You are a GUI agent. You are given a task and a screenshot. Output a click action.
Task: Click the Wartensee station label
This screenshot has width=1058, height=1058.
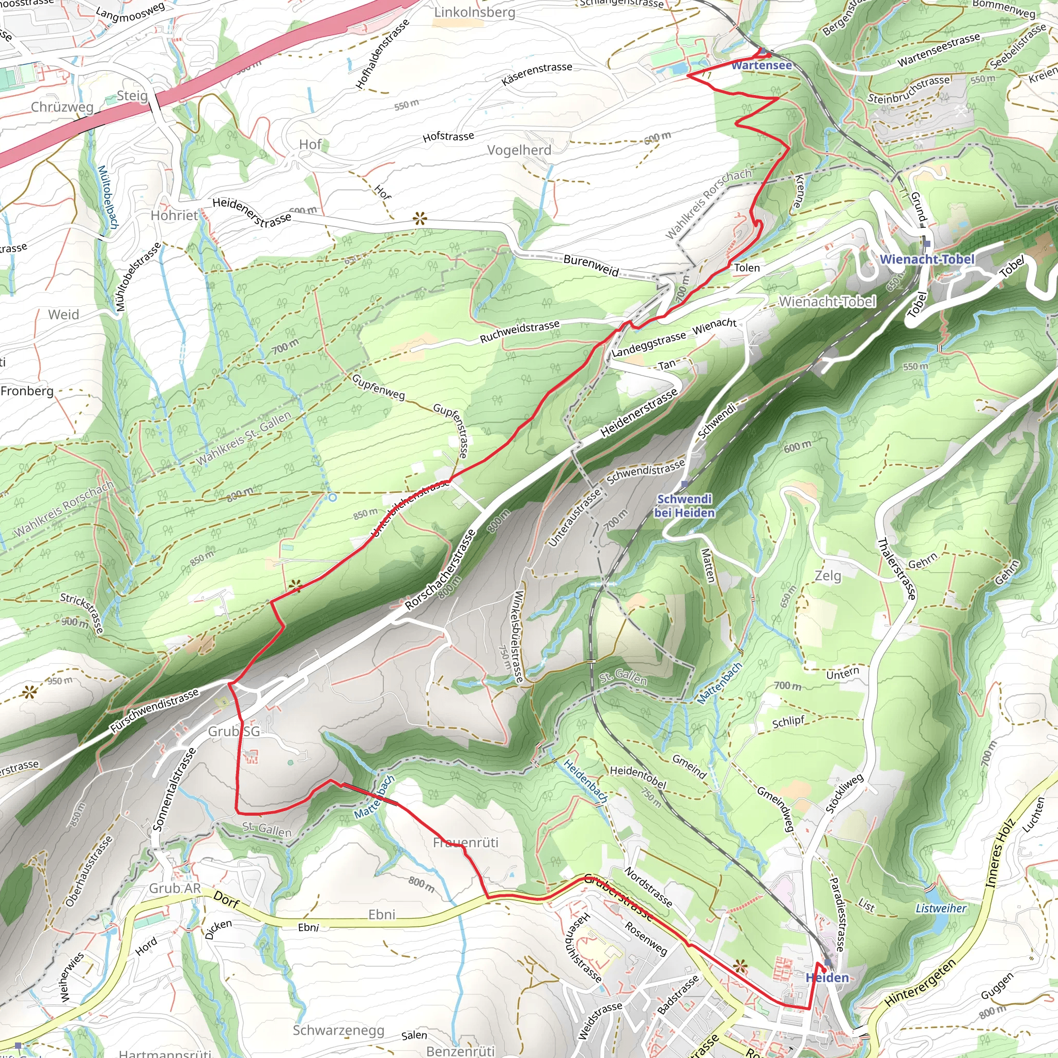point(761,65)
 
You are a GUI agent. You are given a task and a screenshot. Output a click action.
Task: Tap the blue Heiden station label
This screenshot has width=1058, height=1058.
point(827,977)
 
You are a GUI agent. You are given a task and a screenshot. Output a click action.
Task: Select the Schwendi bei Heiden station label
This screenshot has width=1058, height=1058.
point(684,505)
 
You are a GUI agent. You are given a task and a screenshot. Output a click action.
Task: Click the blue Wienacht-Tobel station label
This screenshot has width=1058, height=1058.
point(927,259)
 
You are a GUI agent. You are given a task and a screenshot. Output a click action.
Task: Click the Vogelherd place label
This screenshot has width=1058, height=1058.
point(519,149)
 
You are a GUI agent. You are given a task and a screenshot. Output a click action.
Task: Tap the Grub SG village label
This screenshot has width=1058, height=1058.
point(234,731)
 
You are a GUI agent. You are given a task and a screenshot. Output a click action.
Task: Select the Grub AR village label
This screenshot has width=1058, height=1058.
point(175,888)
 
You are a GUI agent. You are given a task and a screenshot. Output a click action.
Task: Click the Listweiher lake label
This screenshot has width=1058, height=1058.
point(941,908)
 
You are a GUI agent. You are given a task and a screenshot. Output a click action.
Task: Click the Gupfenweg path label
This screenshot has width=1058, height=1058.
point(378,386)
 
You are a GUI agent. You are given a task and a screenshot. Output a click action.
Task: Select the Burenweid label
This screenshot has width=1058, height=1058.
point(591,265)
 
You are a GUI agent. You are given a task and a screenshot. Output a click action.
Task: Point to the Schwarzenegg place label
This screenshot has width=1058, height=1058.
point(338,1030)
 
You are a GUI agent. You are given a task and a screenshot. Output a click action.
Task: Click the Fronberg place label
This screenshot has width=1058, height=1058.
point(27,391)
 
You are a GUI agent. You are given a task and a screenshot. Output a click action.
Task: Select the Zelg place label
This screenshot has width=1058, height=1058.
point(827,575)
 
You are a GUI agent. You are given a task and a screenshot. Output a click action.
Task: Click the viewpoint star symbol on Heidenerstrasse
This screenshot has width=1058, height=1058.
point(419,220)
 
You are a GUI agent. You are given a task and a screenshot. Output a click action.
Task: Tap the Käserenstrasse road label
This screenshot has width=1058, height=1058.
point(537,74)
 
